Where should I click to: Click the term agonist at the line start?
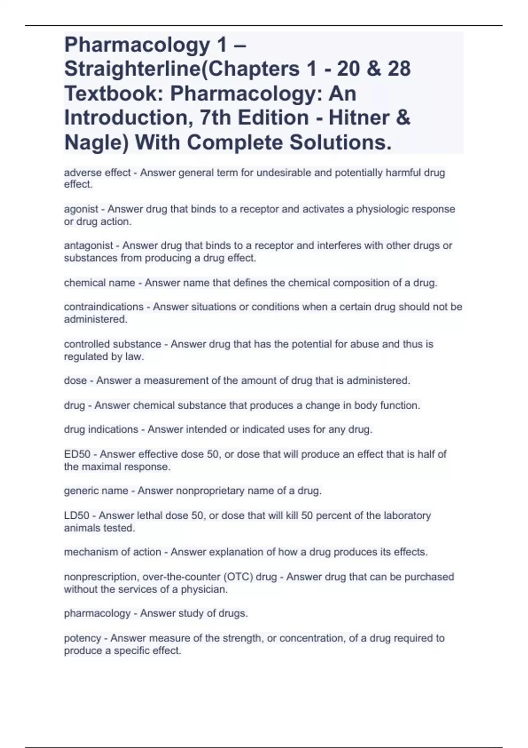(x=81, y=209)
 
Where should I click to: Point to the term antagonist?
(x=88, y=246)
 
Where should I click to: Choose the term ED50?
(x=77, y=454)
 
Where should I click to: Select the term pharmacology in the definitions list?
(x=97, y=613)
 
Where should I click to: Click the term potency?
(x=82, y=638)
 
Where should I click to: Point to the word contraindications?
(x=104, y=307)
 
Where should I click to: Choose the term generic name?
(x=96, y=491)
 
